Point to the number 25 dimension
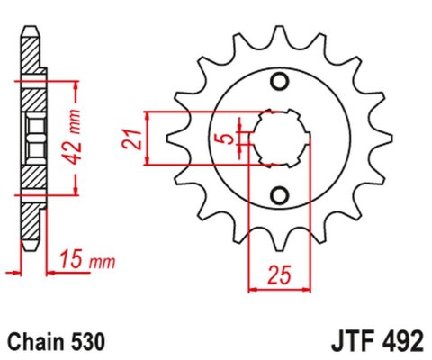pyautogui.click(x=281, y=273)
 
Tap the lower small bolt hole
pyautogui.click(x=281, y=195)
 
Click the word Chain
pyautogui.click(x=34, y=342)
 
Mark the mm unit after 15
pyautogui.click(x=102, y=262)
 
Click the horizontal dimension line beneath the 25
pyautogui.click(x=281, y=290)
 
